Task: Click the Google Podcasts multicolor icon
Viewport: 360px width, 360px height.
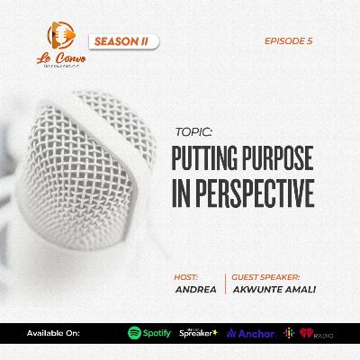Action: (x=289, y=333)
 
